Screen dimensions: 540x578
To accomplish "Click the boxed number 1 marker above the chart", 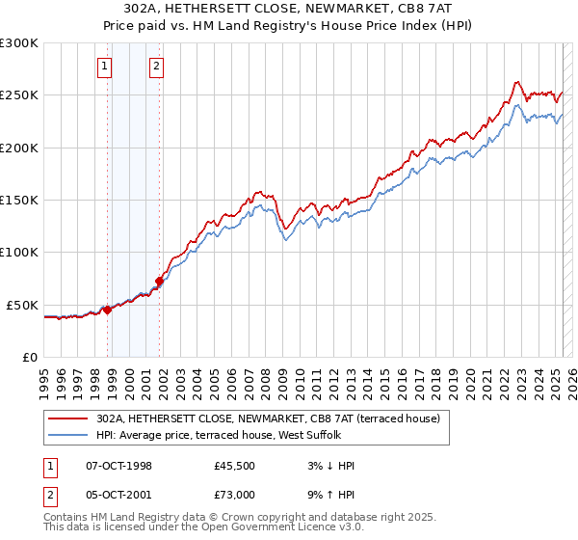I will pos(104,67).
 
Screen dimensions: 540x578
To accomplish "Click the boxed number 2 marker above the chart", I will pos(155,67).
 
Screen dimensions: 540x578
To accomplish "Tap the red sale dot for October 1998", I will pos(108,310).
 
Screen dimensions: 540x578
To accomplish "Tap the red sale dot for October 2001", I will pos(159,281).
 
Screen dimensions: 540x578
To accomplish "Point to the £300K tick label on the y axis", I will pos(18,43).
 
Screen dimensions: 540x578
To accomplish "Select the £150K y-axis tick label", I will pos(18,201).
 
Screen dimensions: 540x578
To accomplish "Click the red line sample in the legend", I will pos(68,418).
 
